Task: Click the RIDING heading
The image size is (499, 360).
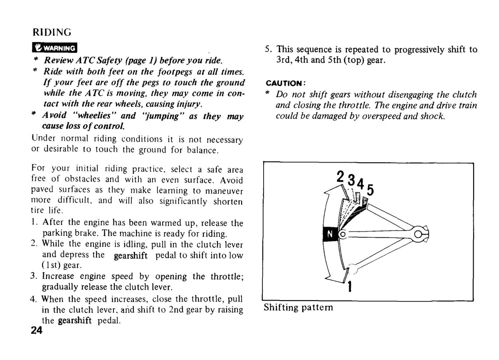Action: click(52, 32)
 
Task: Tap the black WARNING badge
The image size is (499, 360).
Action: click(54, 48)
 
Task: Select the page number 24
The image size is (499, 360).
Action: click(37, 330)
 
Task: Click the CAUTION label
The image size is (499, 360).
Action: click(285, 84)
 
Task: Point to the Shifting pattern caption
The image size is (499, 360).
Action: click(298, 308)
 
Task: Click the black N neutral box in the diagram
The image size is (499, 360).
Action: click(330, 234)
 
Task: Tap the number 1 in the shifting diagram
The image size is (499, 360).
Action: click(350, 286)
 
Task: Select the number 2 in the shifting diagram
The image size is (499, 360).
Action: click(340, 177)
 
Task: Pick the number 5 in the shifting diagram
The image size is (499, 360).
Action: click(370, 190)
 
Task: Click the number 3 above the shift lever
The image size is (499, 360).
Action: click(351, 180)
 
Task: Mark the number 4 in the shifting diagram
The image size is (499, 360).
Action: click(361, 184)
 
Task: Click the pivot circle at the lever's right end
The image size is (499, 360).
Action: click(418, 234)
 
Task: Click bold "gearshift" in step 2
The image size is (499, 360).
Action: click(131, 256)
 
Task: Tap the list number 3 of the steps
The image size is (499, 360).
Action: click(33, 276)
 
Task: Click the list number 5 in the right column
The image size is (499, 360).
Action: click(268, 49)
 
